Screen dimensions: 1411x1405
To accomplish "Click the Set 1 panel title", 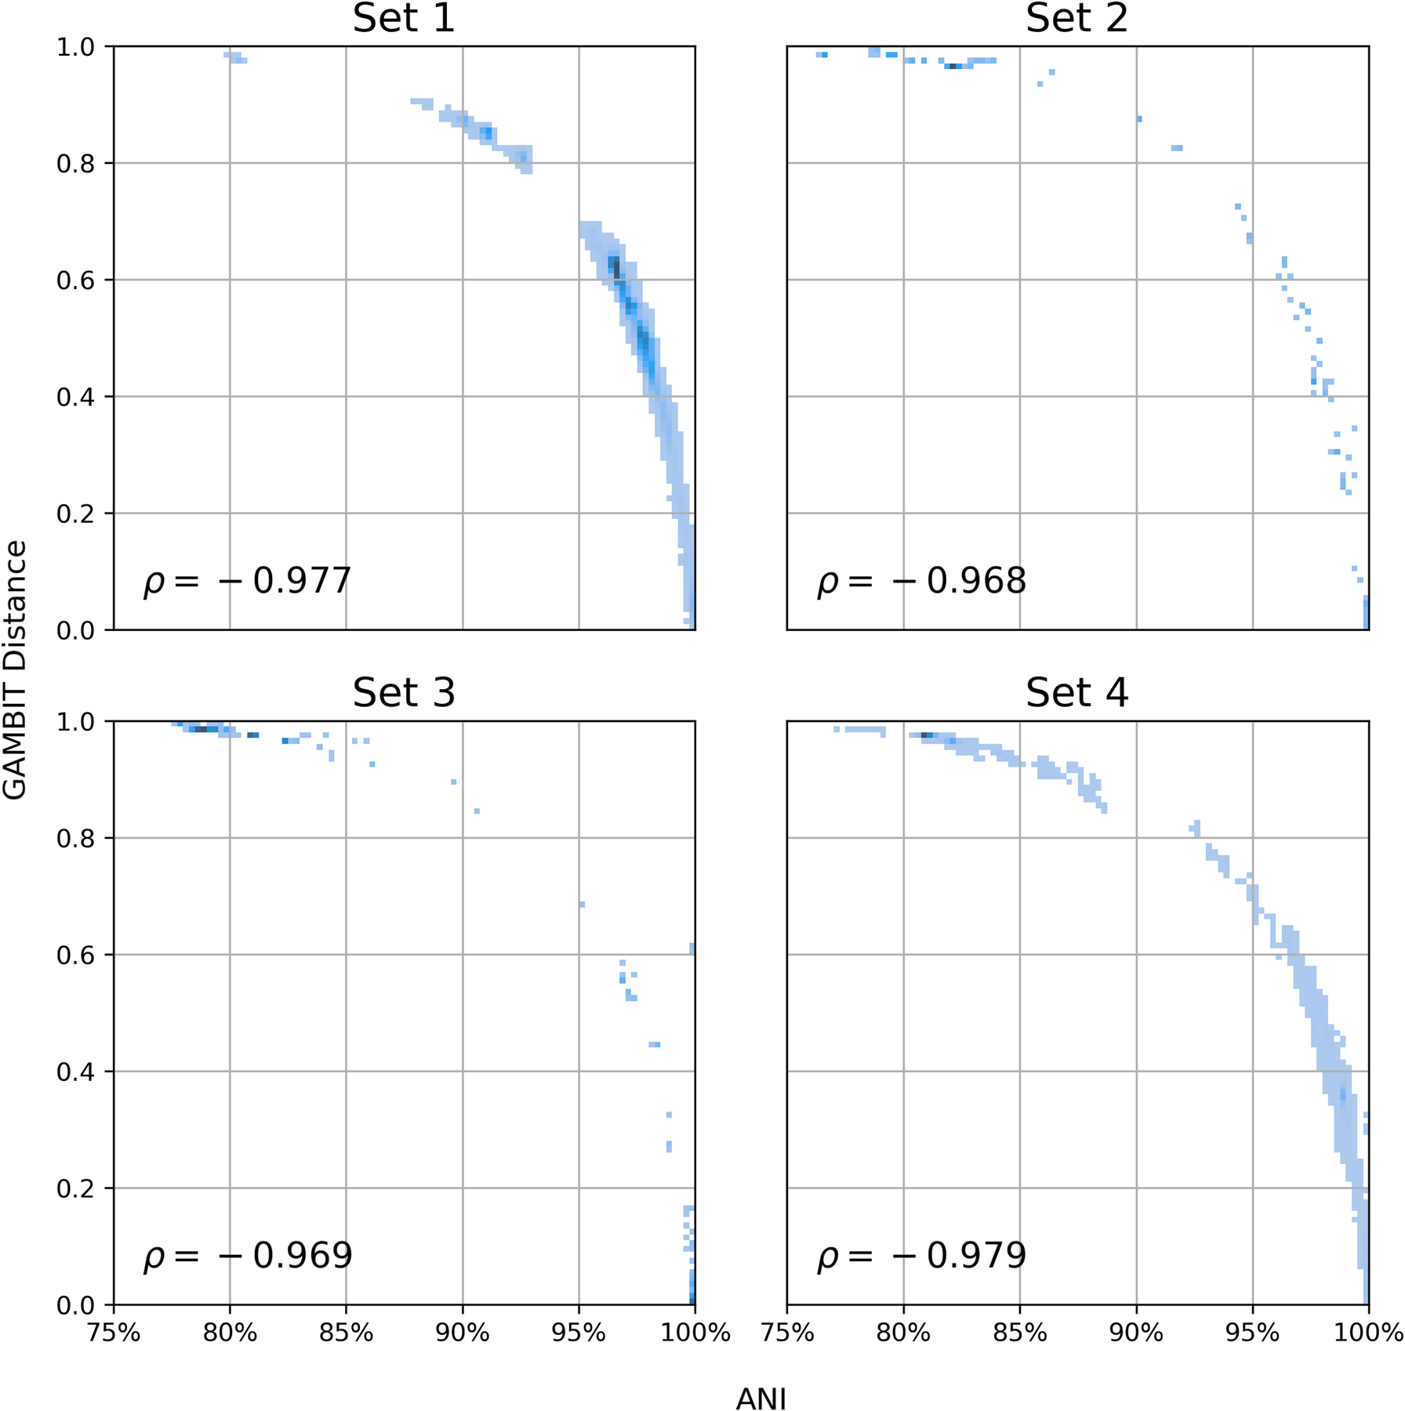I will (404, 18).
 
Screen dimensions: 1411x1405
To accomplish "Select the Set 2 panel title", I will (1076, 18).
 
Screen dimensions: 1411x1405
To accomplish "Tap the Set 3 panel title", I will (404, 693).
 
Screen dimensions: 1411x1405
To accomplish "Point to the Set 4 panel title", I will (1076, 693).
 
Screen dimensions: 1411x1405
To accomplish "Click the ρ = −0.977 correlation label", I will (247, 582).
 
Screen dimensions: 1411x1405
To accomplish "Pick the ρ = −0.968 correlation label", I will (921, 582).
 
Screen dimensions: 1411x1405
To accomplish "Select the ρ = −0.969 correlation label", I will (247, 1256).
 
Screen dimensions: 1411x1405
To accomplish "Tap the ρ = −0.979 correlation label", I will (921, 1256).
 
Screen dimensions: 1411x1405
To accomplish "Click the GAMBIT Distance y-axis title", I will (15, 669).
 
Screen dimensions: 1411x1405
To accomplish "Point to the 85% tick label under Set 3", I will (346, 1333).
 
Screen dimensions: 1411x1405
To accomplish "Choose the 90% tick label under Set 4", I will (1136, 1333).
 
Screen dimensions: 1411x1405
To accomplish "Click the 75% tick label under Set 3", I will (114, 1333).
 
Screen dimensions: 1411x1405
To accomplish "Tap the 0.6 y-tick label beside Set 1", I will (75, 281).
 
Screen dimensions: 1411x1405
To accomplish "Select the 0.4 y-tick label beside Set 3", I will (75, 1072).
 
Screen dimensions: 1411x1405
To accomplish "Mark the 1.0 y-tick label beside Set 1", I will (75, 47).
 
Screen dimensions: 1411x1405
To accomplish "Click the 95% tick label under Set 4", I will (1252, 1333).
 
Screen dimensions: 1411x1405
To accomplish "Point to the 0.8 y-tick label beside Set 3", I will (75, 839).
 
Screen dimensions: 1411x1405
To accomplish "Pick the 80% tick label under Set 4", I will (903, 1333).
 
